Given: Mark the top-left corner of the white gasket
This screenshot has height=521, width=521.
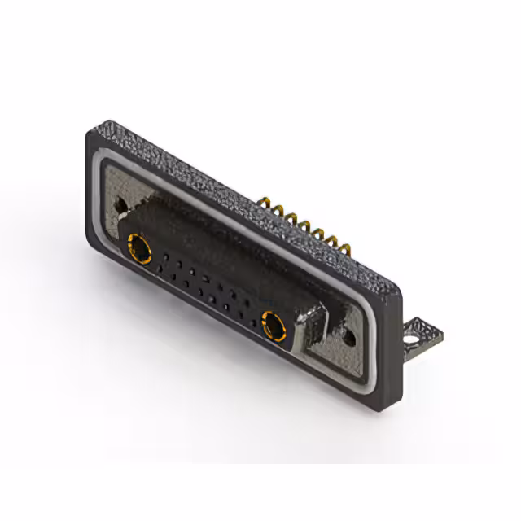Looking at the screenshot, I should click(x=103, y=163).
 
